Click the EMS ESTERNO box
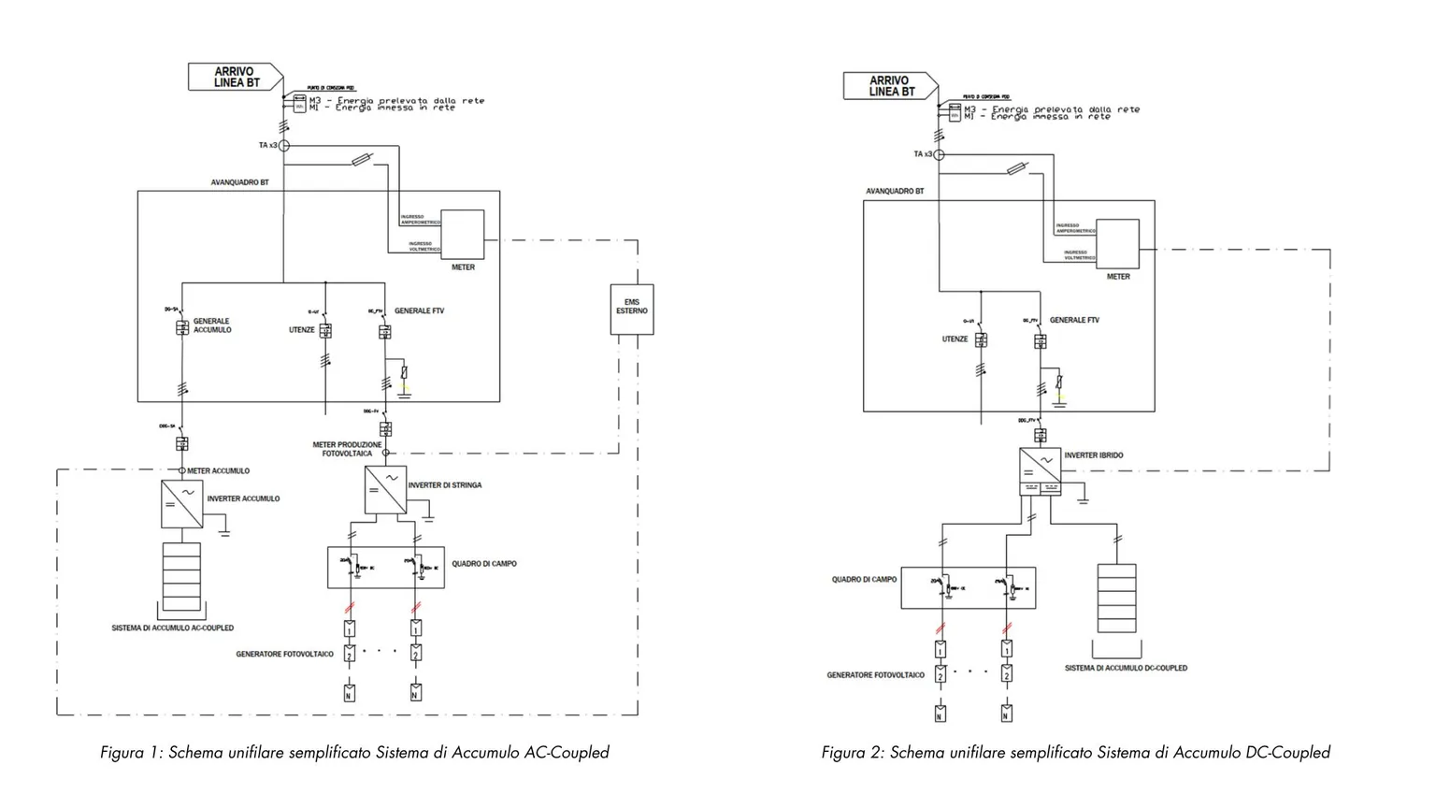[x=631, y=309]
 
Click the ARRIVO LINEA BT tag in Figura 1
[x=234, y=77]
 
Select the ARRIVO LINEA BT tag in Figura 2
[x=889, y=86]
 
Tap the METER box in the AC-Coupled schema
[x=463, y=235]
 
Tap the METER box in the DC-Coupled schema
[x=1118, y=244]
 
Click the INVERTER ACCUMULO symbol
[x=182, y=504]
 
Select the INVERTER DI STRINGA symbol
[x=385, y=489]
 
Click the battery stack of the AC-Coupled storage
[x=182, y=577]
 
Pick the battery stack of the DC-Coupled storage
[x=1117, y=598]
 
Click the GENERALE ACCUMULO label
[x=212, y=325]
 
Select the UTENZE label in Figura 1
[x=301, y=330]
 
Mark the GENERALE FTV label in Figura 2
[x=1074, y=320]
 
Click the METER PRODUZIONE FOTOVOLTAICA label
[x=347, y=449]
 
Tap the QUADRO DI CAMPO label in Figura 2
[x=864, y=580]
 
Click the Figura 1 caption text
[x=354, y=753]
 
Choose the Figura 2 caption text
[x=1075, y=753]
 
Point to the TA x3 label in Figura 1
[x=267, y=146]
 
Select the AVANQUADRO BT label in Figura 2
[x=895, y=192]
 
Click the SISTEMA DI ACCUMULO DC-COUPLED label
[x=1126, y=669]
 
